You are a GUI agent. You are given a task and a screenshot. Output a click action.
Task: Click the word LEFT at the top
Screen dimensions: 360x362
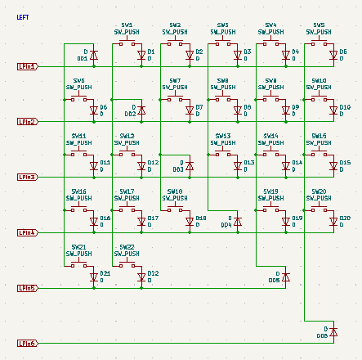(x=22, y=16)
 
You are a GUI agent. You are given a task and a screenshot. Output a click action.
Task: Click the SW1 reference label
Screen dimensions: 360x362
(x=127, y=25)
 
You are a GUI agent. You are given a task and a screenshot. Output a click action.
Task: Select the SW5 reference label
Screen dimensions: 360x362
(x=319, y=25)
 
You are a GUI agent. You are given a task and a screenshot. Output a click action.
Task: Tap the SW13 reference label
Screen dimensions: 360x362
(x=223, y=136)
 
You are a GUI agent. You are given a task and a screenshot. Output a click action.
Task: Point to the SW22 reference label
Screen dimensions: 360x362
(x=127, y=246)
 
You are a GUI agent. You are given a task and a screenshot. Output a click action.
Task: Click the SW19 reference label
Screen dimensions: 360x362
(x=270, y=191)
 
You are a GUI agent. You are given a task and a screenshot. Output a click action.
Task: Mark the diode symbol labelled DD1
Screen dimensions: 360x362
(x=93, y=56)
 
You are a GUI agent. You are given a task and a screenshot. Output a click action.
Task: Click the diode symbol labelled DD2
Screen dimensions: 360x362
(x=141, y=110)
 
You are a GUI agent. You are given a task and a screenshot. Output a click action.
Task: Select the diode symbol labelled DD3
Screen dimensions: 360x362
(x=190, y=166)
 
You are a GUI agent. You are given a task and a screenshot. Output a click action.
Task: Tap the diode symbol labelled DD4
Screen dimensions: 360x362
(x=237, y=221)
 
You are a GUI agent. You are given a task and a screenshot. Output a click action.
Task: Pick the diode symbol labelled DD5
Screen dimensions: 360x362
(x=285, y=277)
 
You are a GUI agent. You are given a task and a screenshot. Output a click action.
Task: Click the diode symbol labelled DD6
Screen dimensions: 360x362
(x=333, y=331)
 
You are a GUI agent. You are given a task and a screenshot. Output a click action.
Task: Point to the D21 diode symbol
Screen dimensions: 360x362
(x=93, y=275)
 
